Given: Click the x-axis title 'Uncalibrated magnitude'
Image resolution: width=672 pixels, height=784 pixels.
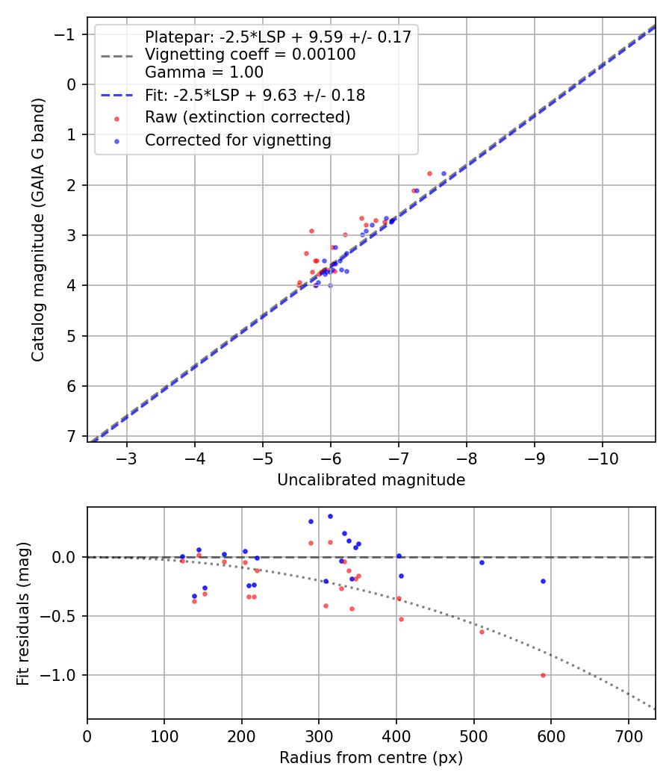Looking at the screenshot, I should point(371,480).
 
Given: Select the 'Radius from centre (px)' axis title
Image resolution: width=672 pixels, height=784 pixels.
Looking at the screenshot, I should point(371,758).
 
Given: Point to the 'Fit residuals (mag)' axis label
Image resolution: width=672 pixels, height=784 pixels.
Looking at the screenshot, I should point(22,612).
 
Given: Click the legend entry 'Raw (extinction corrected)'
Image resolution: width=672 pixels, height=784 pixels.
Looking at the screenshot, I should point(247,117).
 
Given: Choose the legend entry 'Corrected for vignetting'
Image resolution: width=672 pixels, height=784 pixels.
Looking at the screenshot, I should point(237,140).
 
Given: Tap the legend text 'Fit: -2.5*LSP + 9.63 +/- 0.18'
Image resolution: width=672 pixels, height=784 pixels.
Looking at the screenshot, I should point(255,96).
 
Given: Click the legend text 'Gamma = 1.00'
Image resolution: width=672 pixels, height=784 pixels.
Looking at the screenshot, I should point(204,72).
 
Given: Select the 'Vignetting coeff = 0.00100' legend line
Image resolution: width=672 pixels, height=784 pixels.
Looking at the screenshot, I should point(250,55).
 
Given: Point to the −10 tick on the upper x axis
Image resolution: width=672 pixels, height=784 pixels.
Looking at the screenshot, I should point(603,458).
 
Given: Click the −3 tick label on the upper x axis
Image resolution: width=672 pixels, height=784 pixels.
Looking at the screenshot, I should point(127,458).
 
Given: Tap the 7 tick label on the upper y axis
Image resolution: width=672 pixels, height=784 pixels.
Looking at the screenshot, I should point(72,436).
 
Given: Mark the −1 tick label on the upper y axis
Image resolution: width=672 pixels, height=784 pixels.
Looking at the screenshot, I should point(67,34).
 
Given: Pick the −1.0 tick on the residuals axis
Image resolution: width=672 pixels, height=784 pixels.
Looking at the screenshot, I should point(63,675).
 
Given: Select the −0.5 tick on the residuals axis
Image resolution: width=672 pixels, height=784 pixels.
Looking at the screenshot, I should point(63,616).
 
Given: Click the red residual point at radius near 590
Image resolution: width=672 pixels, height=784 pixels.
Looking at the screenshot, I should point(543,675).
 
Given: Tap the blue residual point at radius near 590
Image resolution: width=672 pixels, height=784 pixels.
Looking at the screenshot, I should point(543,581).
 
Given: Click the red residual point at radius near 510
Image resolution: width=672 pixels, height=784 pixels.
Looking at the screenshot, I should point(482,632).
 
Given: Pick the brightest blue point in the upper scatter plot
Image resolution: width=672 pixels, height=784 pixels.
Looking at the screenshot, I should point(444,173).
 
